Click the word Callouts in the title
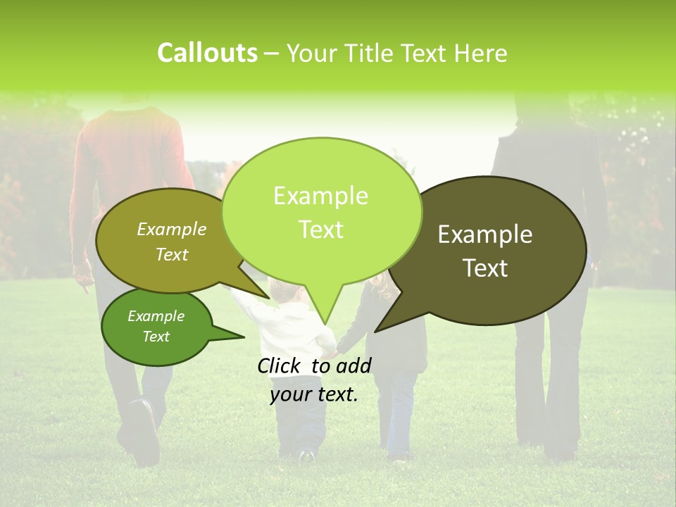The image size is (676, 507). (207, 53)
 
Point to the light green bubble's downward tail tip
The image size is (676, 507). (325, 324)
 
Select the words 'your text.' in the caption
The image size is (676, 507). (314, 394)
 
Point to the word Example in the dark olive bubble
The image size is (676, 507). (485, 234)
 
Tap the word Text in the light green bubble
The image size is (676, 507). (321, 230)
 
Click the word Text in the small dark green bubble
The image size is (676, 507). (156, 337)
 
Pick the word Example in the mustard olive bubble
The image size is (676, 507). (172, 229)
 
